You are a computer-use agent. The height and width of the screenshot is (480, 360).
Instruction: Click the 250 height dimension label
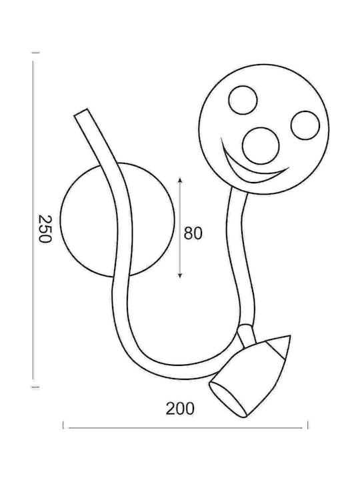(x=45, y=229)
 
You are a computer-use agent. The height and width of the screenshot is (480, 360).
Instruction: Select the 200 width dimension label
(x=180, y=409)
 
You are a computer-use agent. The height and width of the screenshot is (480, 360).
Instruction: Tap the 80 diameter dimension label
(x=193, y=233)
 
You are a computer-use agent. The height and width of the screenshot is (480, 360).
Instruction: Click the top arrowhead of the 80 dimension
(x=180, y=180)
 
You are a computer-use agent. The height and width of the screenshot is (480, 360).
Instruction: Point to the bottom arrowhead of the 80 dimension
(x=180, y=275)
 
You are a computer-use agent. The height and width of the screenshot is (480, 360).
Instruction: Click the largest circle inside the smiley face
(x=261, y=145)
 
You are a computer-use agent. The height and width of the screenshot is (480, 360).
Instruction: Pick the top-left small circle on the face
(x=243, y=100)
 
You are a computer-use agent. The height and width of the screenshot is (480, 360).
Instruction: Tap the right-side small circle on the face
(x=305, y=125)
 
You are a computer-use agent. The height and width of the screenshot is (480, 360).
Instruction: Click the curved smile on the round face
(x=245, y=171)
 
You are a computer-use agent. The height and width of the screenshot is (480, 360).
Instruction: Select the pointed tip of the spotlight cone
(x=289, y=336)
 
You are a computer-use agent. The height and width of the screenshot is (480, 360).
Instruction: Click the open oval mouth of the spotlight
(x=228, y=399)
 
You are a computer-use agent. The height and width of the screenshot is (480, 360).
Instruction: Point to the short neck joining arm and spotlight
(x=246, y=336)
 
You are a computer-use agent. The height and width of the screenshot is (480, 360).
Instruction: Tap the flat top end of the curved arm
(x=81, y=112)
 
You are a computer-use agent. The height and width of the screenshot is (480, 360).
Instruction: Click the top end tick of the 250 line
(x=36, y=53)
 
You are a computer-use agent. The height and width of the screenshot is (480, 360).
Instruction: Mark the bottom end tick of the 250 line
(x=36, y=387)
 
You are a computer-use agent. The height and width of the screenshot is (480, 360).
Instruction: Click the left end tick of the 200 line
(x=63, y=425)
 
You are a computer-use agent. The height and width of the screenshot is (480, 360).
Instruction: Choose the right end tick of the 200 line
(x=307, y=425)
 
